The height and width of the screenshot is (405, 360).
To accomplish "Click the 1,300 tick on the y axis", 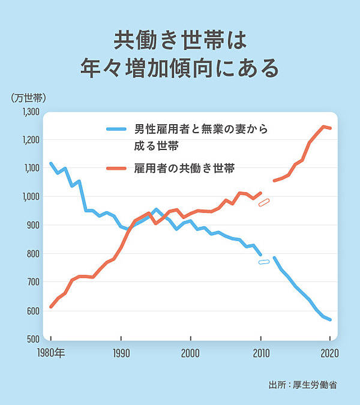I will [x=30, y=112].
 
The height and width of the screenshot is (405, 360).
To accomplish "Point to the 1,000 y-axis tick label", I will [x=30, y=197].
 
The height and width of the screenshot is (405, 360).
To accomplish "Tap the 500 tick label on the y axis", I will [x=32, y=339].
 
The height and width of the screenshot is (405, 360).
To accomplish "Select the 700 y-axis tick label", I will [x=32, y=282].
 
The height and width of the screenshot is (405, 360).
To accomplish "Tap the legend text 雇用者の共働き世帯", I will [x=184, y=169].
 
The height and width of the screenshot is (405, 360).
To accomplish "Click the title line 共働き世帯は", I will [x=180, y=40].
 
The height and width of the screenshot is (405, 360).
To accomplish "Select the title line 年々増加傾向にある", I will [x=180, y=68].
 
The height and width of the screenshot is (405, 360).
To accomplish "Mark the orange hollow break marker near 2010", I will [x=264, y=202].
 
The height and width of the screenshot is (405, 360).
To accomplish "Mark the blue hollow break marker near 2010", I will [x=264, y=262].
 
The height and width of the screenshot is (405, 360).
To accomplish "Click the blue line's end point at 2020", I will [x=330, y=320].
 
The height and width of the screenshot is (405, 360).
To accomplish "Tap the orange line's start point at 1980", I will [x=51, y=307].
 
